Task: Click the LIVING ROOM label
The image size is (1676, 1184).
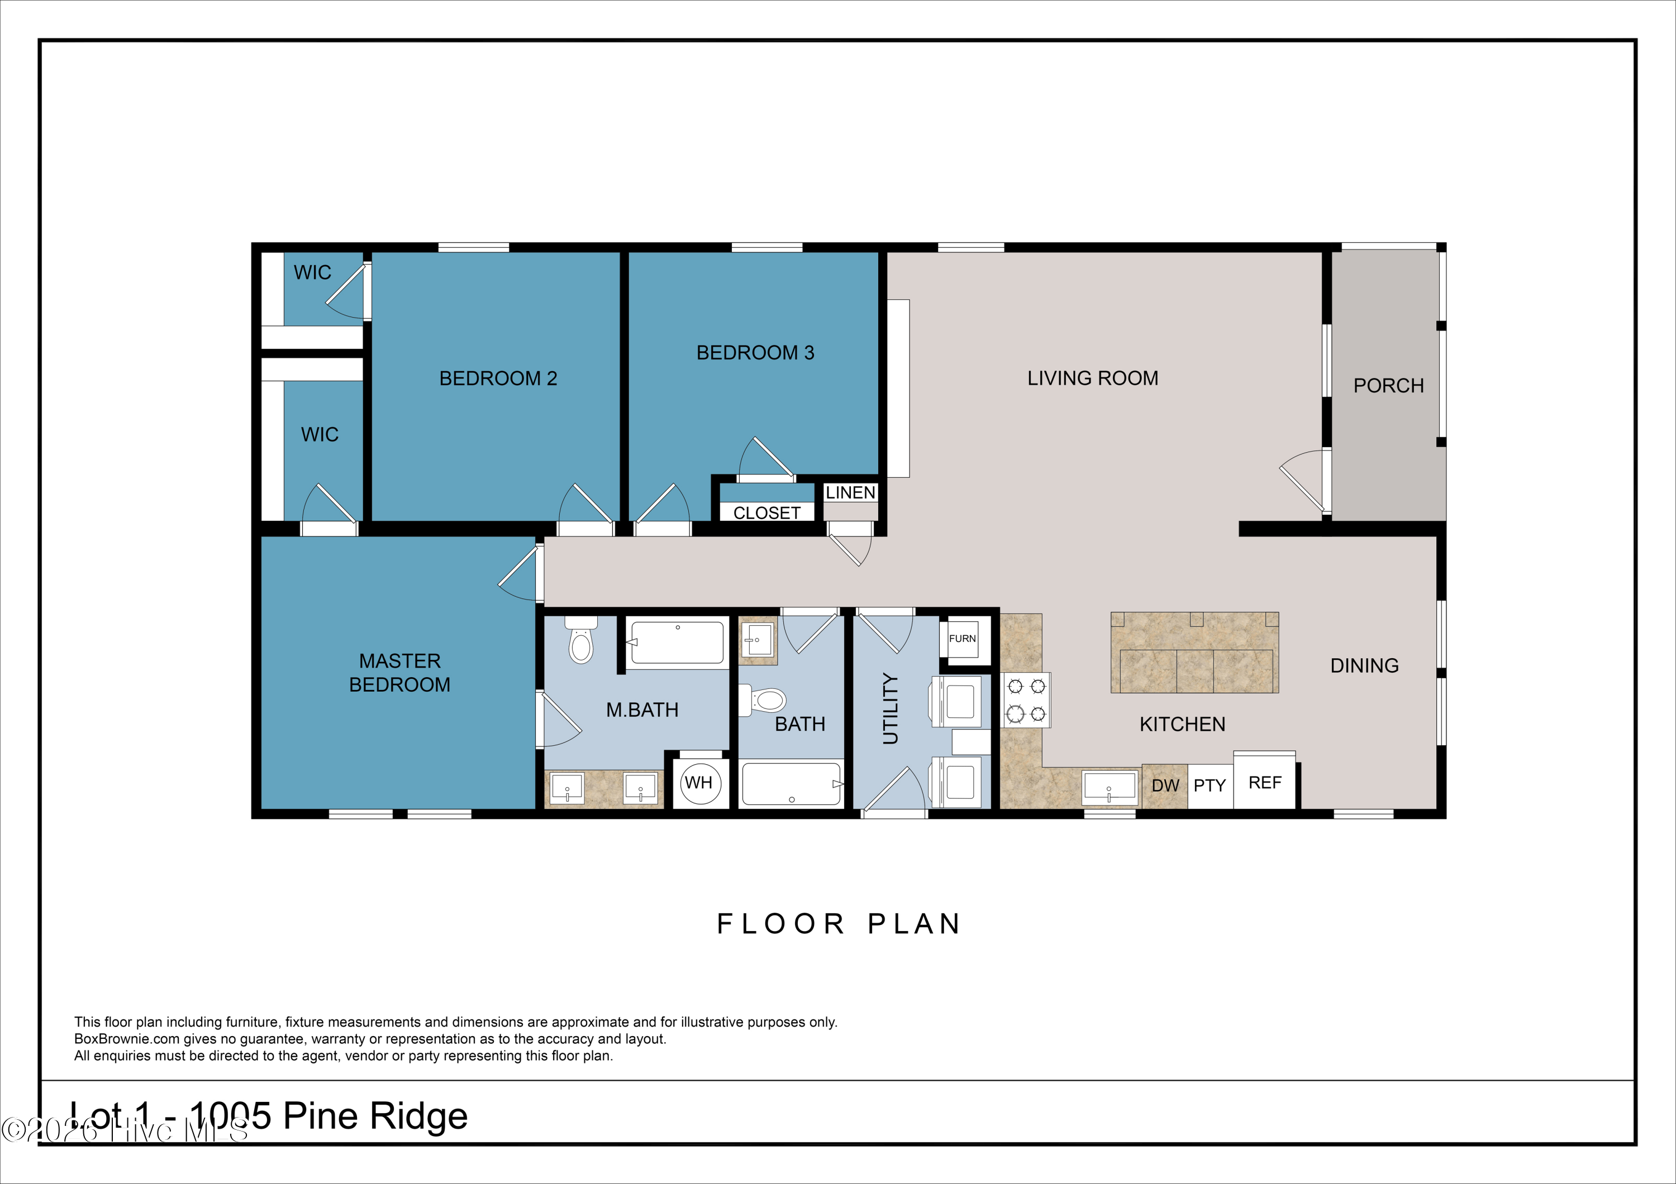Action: click(1092, 378)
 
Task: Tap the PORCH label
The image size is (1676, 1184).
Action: click(1388, 385)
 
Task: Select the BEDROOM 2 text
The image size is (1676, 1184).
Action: click(498, 378)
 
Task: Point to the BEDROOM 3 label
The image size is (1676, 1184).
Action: click(755, 352)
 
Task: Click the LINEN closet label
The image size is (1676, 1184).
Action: click(850, 492)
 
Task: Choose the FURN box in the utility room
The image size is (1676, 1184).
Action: click(962, 638)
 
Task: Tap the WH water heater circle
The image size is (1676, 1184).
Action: click(699, 783)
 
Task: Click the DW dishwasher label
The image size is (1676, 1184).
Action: click(1165, 785)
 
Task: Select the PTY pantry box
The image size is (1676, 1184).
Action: click(1210, 785)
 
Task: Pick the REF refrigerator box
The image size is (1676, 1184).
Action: click(1265, 783)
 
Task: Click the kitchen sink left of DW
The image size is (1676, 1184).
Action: click(1109, 788)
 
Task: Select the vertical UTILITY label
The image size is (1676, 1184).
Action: click(890, 708)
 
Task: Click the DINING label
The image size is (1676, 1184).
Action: click(1364, 665)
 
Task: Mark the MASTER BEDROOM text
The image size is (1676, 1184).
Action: click(399, 673)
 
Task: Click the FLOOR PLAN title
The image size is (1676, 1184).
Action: click(838, 923)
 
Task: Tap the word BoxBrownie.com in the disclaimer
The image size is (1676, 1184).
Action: click(126, 1039)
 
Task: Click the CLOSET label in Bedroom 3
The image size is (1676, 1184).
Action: click(766, 513)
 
